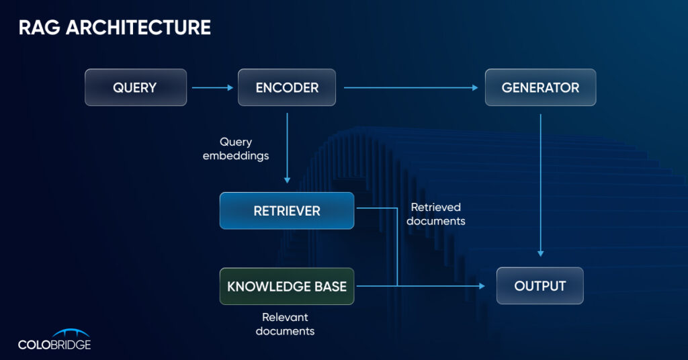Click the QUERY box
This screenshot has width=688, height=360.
135,87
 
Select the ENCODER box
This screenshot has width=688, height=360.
287,87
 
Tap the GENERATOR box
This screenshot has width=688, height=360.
540,87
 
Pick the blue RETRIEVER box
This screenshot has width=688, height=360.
287,211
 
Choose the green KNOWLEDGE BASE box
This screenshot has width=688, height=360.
287,286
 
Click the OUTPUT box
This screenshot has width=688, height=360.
540,286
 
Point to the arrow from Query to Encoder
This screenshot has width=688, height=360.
211,87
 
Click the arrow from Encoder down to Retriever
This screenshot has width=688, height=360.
287,148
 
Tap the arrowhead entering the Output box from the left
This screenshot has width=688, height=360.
481,286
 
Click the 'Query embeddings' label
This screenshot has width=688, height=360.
245,149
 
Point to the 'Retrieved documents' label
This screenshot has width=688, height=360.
436,214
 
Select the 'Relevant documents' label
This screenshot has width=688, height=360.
285,324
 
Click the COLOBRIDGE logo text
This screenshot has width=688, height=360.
54,345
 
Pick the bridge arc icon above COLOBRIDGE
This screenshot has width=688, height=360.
71,332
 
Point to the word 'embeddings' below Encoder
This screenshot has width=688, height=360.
245,156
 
